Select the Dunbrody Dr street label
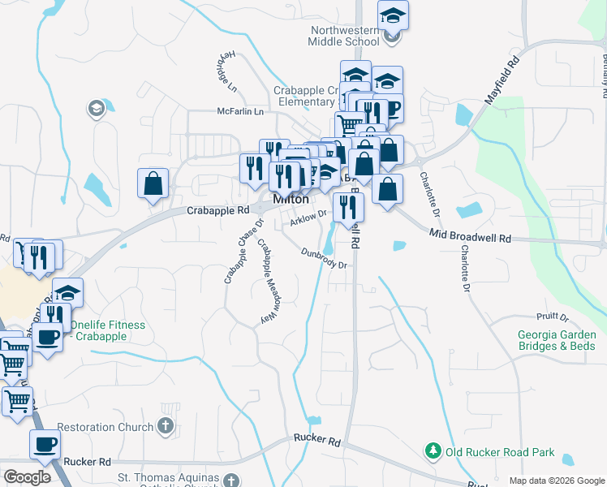[x=324, y=258]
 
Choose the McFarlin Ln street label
[x=241, y=111]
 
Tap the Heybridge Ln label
[x=226, y=71]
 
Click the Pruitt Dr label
[x=552, y=317]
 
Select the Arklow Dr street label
[x=308, y=215]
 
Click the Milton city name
[x=291, y=199]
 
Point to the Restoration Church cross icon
[x=165, y=426]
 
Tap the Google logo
[x=27, y=477]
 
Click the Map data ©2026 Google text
[x=556, y=481]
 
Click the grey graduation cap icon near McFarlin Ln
[x=96, y=108]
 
